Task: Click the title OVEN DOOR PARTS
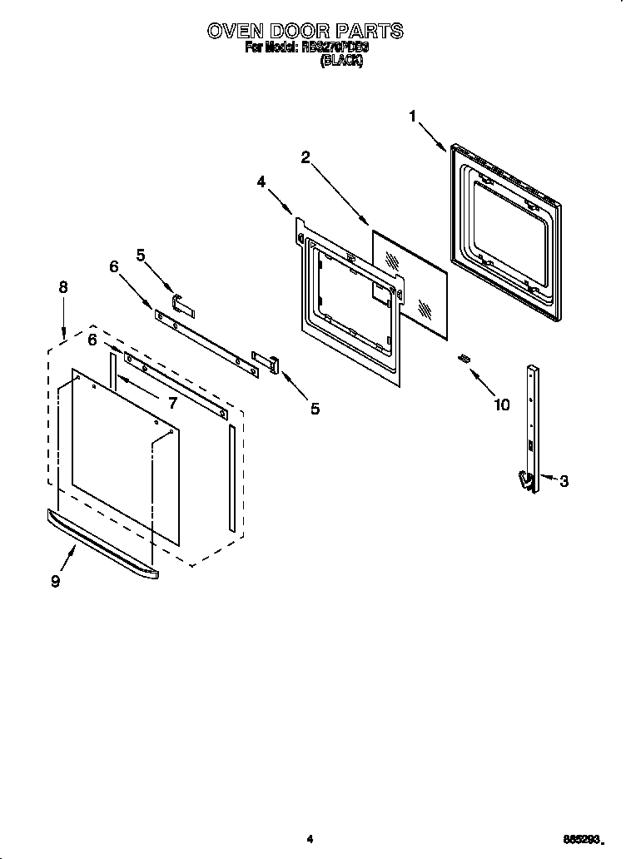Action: tap(306, 32)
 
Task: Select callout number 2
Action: tap(306, 156)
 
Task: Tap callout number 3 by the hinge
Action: tap(564, 481)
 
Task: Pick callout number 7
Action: tap(172, 403)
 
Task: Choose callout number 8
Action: tap(63, 287)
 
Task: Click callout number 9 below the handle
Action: tap(55, 582)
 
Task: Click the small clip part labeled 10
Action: tap(463, 358)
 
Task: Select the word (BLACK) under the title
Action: tap(341, 62)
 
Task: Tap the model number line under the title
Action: tap(306, 49)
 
